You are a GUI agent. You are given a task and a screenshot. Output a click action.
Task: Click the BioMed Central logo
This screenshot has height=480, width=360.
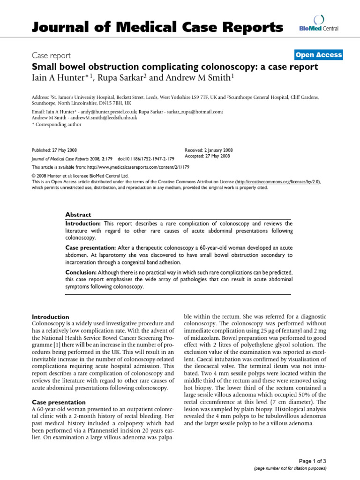[x=318, y=24]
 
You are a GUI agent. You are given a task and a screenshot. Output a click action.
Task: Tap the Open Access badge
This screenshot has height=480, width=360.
[x=319, y=55]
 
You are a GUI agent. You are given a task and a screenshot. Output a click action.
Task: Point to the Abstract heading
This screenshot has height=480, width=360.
[x=78, y=214]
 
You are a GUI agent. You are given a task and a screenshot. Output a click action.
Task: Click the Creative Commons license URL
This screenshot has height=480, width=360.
[x=278, y=181]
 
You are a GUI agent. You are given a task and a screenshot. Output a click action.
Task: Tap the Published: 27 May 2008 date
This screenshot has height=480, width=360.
[x=54, y=150]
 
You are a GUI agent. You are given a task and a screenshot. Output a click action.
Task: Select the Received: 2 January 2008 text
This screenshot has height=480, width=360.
[x=209, y=150]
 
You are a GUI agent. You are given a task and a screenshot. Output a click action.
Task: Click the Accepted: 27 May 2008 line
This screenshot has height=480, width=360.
[x=208, y=156]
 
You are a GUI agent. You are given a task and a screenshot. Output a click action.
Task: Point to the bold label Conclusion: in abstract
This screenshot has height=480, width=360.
[x=81, y=272]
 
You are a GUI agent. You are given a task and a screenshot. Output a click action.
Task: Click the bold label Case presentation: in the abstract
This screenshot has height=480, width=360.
[x=90, y=247]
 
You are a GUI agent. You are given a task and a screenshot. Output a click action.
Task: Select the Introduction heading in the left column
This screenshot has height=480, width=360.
[x=50, y=316]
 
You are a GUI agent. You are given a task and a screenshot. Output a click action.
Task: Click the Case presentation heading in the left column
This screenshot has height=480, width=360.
[x=58, y=402]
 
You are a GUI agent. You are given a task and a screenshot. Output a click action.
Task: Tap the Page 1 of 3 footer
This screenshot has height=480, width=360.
[x=314, y=461]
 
